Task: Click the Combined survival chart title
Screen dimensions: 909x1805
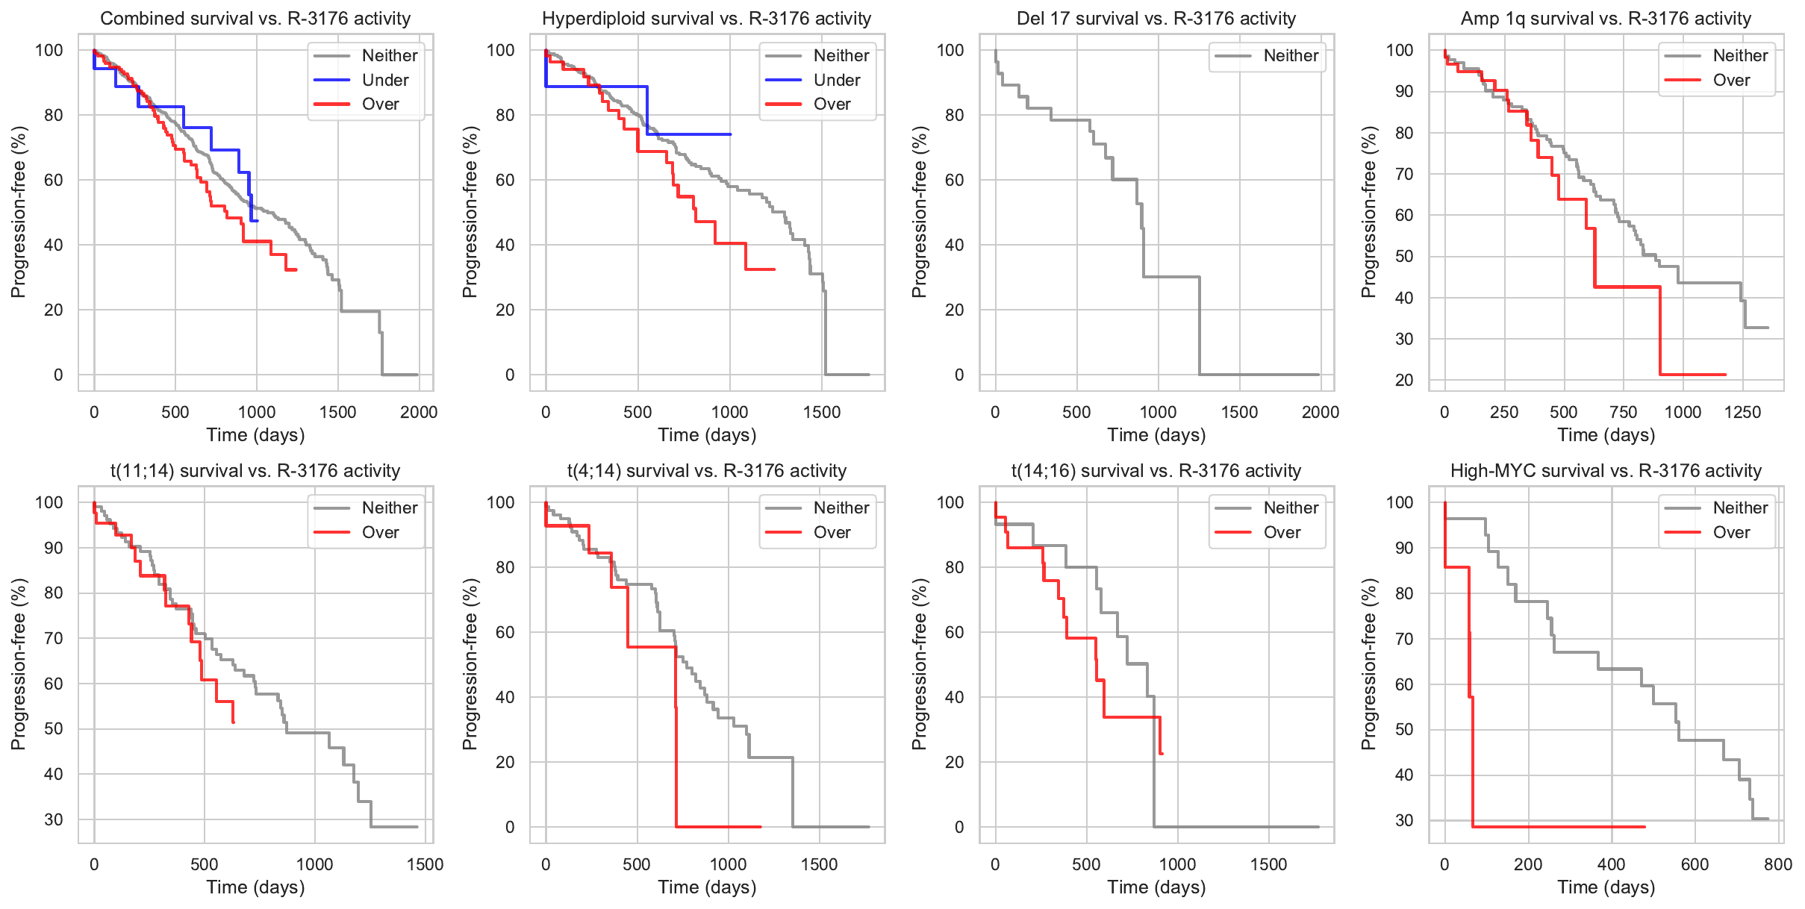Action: pyautogui.click(x=255, y=19)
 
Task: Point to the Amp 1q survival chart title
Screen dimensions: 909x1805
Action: pyautogui.click(x=1606, y=19)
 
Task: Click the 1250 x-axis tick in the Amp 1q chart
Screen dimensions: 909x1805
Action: pyautogui.click(x=1742, y=413)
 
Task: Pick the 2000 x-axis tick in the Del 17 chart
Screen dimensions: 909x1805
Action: pyautogui.click(x=1320, y=413)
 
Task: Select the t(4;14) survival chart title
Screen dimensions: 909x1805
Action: pyautogui.click(x=706, y=471)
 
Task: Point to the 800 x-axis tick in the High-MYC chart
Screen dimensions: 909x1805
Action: pyautogui.click(x=1778, y=865)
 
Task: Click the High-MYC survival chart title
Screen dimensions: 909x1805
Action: pyautogui.click(x=1606, y=471)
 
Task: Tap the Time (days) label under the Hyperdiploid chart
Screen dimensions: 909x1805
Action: pyautogui.click(x=707, y=435)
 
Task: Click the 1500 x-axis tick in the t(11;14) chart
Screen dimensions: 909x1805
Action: pyautogui.click(x=425, y=865)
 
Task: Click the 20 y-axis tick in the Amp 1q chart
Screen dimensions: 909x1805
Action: pyautogui.click(x=1404, y=381)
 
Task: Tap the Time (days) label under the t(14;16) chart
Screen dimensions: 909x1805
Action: pyautogui.click(x=1156, y=887)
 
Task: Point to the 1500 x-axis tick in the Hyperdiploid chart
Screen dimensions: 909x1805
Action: pyautogui.click(x=822, y=413)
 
